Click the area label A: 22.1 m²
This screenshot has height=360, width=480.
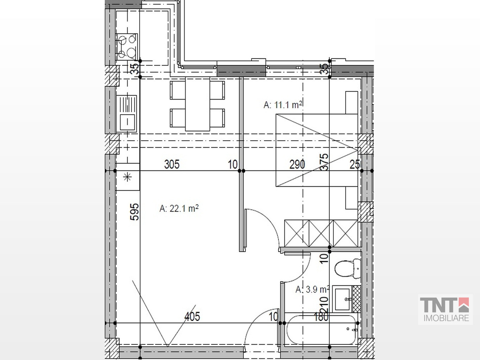pos(179,208)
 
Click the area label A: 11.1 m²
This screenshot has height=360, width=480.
pos(283,105)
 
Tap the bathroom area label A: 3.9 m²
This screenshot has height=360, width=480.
pos(313,289)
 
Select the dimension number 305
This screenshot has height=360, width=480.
pos(172,165)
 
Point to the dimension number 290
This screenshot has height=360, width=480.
pos(297,165)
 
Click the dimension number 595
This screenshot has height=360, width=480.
pos(134,212)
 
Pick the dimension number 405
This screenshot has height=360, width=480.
pos(192,316)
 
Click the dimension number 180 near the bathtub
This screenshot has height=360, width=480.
pos(321,316)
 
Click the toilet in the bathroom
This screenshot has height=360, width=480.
pos(348,269)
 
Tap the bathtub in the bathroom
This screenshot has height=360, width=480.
pos(321,330)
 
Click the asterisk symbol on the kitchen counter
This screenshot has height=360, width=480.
pos(128,177)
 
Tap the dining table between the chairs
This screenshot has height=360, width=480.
pos(198,104)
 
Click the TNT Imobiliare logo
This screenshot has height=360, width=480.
pos(445,309)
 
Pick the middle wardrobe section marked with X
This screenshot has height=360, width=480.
pos(321,233)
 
